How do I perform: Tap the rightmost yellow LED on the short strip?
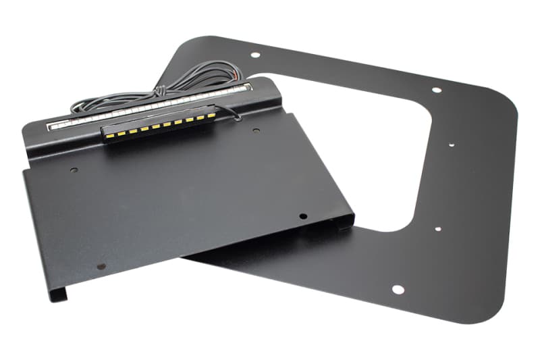(x=209, y=116)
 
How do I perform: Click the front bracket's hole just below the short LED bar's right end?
(x=256, y=130)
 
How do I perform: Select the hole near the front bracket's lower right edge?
(x=303, y=216)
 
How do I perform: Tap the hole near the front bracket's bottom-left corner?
(x=101, y=266)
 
